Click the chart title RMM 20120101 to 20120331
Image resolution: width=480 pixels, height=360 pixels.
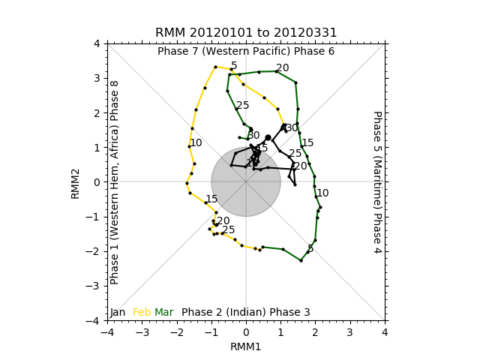coord(246,33)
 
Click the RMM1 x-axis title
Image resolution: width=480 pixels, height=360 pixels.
coord(246,347)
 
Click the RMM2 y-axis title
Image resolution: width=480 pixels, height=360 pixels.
coord(76,182)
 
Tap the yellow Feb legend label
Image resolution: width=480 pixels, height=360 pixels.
coord(142,312)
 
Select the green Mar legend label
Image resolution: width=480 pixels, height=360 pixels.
coord(163,312)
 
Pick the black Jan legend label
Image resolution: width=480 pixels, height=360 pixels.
coord(118,312)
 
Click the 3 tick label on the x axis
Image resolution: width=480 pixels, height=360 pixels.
coord(350,331)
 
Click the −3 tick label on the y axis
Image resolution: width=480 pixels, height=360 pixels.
coord(95,286)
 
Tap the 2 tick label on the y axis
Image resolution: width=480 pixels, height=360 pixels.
coord(97,112)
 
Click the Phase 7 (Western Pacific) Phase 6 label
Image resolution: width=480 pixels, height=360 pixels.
coord(246,52)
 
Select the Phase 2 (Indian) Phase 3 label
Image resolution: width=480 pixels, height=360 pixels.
coord(246,312)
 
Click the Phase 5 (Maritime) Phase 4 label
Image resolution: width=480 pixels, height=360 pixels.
coord(377,182)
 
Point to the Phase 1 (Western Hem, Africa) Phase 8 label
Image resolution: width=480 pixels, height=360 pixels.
coord(115,182)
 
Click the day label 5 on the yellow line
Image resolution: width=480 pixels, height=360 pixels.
coord(234,66)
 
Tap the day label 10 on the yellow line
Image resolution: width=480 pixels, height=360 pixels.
coord(196,143)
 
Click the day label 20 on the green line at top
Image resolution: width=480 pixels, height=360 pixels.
coord(283,68)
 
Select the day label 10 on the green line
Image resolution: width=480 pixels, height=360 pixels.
coord(322,193)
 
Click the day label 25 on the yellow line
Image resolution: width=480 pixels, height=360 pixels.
coord(229,230)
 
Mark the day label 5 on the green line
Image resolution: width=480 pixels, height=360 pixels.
coord(310,248)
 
